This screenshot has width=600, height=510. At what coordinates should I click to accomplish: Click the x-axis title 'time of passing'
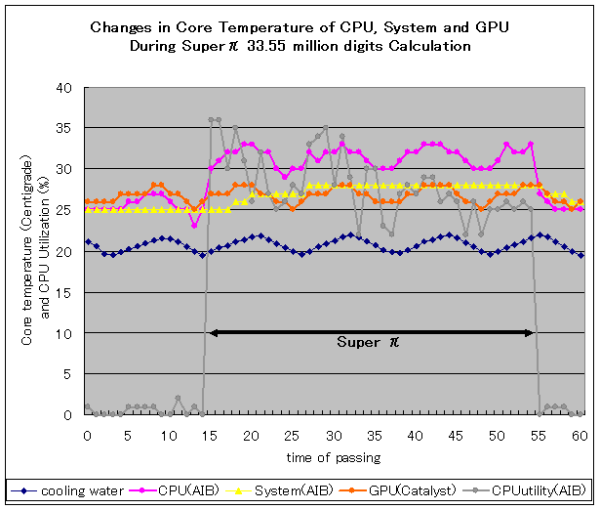pyautogui.click(x=333, y=457)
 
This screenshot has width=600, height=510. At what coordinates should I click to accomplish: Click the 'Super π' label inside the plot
pyautogui.click(x=369, y=343)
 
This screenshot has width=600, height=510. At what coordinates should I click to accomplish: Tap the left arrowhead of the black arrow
pyautogui.click(x=214, y=333)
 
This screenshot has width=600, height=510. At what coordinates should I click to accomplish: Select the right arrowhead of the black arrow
pyautogui.click(x=530, y=333)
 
